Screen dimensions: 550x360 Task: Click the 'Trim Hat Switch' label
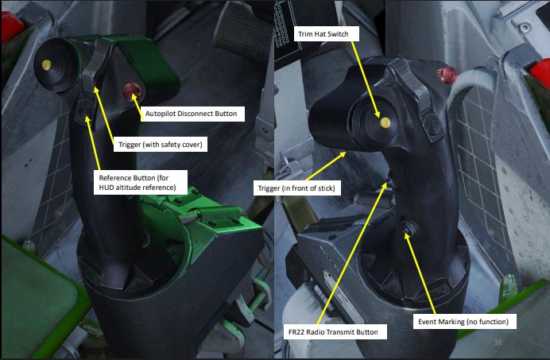[x=327, y=34]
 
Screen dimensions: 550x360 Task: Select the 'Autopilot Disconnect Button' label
[x=192, y=114]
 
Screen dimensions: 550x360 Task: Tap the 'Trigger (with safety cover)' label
[x=161, y=144]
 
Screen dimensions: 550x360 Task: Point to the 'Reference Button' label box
[x=141, y=183]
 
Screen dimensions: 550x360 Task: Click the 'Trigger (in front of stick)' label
[x=296, y=188]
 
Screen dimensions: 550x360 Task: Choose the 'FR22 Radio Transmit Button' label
[x=335, y=332]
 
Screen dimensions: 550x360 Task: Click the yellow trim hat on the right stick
[x=385, y=122]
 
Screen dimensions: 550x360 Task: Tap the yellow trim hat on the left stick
[x=46, y=64]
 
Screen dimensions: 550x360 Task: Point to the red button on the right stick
[x=447, y=75]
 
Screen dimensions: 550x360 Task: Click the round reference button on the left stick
[x=84, y=111]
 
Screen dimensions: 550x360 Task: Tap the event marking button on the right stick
[x=409, y=228]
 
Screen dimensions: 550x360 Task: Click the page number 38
[x=498, y=342]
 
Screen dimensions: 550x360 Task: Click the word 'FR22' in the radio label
[x=296, y=332]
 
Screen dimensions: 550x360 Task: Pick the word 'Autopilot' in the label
[x=161, y=114]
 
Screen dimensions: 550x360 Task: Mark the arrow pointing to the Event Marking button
[x=420, y=273]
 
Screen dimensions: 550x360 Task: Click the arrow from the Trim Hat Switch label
[x=365, y=79]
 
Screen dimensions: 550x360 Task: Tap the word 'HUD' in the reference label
[x=107, y=188]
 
